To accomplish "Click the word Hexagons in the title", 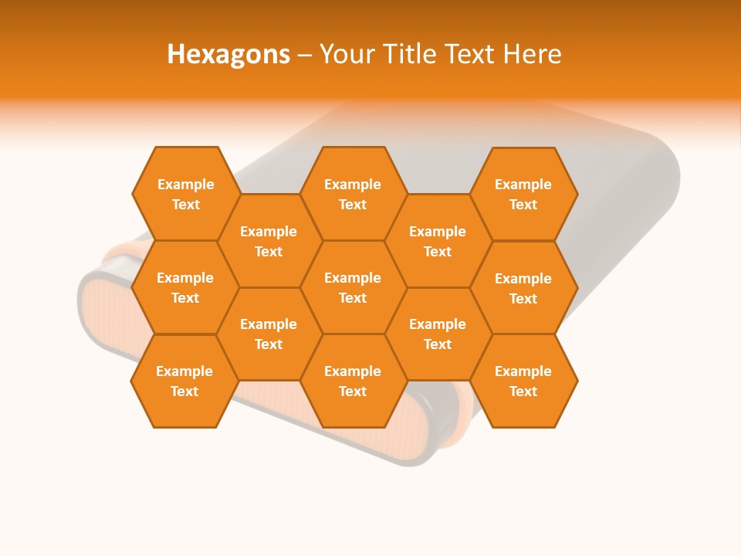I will point(228,54).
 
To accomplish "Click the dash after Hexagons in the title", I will point(304,55).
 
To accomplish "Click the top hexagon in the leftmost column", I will point(185,194).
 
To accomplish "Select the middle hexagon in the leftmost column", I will point(185,287).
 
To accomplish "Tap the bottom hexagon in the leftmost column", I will point(184,381).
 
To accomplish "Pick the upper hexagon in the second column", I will point(269,241).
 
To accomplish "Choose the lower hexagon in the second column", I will point(269,334).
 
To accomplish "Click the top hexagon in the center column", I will point(353,194).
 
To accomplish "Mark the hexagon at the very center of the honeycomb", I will point(353,287).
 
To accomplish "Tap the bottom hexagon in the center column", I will point(353,381).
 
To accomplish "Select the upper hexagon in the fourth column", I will point(438,241).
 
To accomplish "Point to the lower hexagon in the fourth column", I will point(438,334).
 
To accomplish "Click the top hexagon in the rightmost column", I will point(523,194).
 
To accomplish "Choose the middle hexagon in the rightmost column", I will point(523,288).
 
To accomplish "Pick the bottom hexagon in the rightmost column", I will point(523,381).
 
